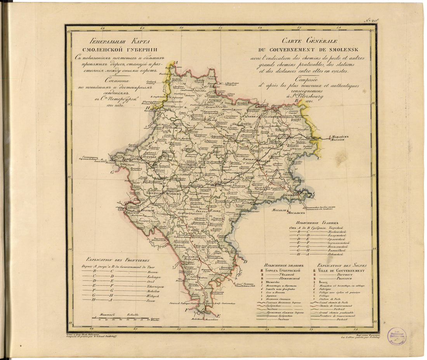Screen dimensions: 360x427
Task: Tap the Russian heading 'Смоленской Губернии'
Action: point(111,49)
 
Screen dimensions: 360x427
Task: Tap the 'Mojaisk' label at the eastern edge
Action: point(336,140)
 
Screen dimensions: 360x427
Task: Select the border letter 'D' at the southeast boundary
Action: point(245,261)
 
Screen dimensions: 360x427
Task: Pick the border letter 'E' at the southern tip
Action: point(218,317)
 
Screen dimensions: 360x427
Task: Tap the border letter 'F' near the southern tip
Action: point(187,310)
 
